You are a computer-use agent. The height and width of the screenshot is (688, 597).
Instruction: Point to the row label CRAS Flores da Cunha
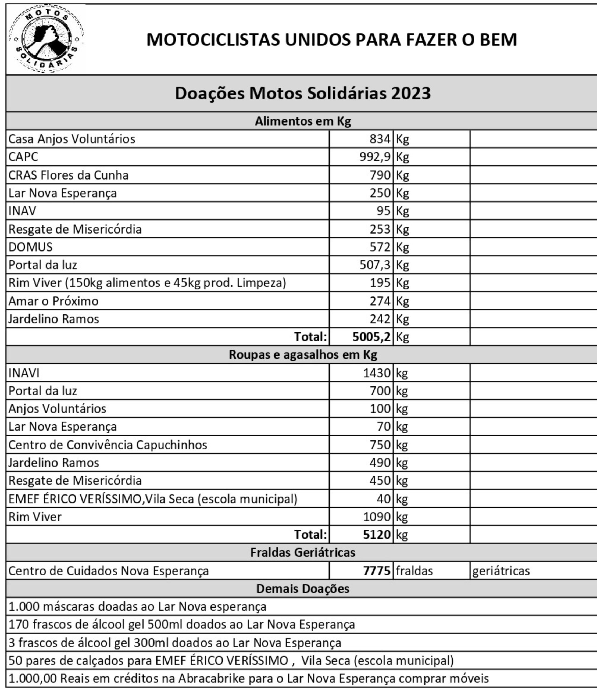point(68,175)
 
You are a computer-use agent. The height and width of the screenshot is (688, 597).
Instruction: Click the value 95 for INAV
point(383,211)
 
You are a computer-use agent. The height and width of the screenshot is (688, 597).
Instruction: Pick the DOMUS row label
point(30,247)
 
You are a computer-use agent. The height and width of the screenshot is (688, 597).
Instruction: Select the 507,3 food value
point(374,265)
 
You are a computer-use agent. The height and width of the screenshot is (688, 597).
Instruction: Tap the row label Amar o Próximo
point(53,301)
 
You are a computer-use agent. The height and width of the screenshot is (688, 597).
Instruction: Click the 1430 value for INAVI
point(377,373)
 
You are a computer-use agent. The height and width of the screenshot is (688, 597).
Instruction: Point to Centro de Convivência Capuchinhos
point(108,445)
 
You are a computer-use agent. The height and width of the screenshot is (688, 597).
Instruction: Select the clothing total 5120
point(377,535)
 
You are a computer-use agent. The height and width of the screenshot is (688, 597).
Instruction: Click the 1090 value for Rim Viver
point(377,517)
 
